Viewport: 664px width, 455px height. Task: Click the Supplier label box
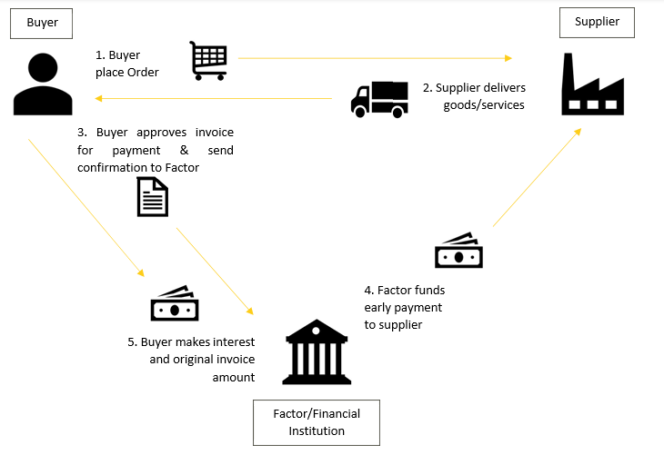(598, 22)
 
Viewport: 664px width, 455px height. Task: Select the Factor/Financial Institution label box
(317, 422)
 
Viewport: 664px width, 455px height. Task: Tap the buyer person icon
(43, 84)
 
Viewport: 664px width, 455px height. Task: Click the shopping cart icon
(208, 61)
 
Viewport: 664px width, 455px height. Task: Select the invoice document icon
(153, 196)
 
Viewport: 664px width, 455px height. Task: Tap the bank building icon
(317, 351)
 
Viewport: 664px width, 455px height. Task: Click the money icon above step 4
(458, 252)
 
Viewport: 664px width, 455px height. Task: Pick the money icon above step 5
(175, 304)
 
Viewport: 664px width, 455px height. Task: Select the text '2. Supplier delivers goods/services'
(474, 96)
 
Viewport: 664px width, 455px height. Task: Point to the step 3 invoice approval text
(156, 150)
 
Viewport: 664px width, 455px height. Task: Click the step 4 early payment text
(404, 307)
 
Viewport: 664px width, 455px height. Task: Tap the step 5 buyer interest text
(191, 359)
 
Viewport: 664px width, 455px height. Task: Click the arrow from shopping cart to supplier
(373, 59)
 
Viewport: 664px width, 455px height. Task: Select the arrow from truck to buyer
(214, 98)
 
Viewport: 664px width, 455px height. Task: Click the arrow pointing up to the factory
(537, 177)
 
